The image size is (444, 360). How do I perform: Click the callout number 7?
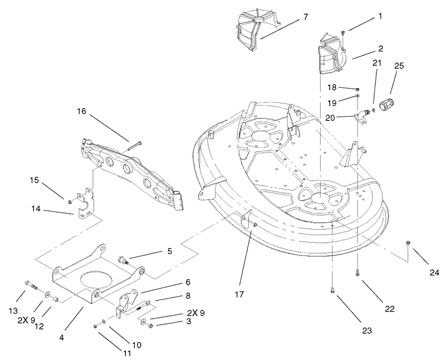pos(305,17)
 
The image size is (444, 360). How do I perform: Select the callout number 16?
pos(81,111)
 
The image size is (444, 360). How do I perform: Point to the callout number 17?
pos(239,294)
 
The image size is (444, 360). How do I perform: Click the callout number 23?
pos(367,331)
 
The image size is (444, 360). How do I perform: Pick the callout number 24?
pos(435,273)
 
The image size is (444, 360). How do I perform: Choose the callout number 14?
pos(36,209)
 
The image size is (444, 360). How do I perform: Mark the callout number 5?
pos(169,252)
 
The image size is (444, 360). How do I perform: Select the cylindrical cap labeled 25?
pos(386,104)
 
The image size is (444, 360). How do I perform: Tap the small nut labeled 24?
pos(408,243)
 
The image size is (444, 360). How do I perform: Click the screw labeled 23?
pos(331,290)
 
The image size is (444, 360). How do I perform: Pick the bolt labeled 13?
pos(31,284)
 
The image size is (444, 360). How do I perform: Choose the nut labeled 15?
pos(70,202)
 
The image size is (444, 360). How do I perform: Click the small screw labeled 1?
pos(343,33)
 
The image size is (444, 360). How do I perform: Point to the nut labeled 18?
pos(357,89)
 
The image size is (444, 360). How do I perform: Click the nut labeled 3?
pos(150,326)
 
